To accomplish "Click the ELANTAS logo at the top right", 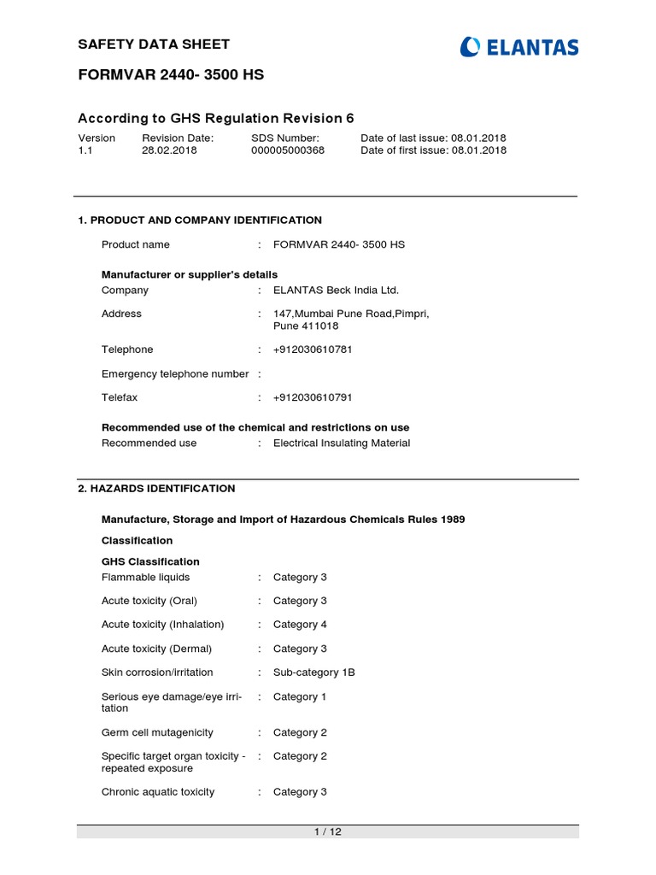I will coord(518,47).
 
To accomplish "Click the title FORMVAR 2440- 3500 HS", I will coord(171,75).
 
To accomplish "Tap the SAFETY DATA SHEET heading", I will coord(154,44).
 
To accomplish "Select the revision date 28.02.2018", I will coord(169,150).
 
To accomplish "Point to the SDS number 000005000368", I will coord(288,150).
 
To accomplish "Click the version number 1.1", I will coord(85,150).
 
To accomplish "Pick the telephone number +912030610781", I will coord(313,349).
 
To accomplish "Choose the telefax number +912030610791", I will coord(313,397).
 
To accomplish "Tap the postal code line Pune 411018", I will coord(306,326).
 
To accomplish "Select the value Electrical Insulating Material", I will coord(342,443).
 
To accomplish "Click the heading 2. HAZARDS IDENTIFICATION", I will coord(156,489).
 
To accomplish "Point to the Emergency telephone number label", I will coord(175,374).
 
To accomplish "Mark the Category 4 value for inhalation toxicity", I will coord(300,625).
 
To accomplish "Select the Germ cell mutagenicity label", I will coord(157,733).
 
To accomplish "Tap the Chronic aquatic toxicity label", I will coord(158,792).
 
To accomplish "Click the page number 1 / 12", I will coord(328,832).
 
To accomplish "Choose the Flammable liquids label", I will coord(145,578).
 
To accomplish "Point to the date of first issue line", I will coord(433,150).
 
